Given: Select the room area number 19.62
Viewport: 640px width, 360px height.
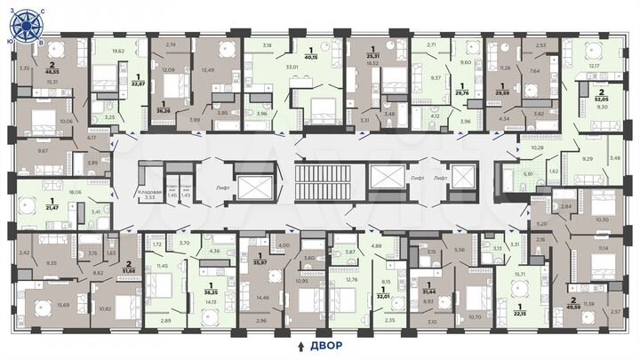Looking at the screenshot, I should tap(117, 52).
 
